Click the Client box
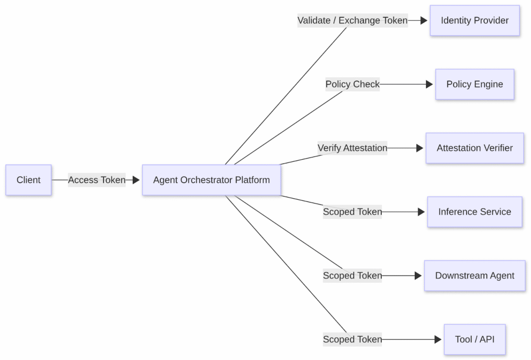coord(29,180)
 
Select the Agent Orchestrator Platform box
coord(211,180)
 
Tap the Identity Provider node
coord(474,21)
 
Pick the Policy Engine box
coord(474,84)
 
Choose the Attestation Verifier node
coord(474,148)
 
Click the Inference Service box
coord(474,212)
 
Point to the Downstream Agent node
coord(474,275)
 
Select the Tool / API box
coord(474,339)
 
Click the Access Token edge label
coord(97,180)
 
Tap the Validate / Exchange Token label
coord(352,21)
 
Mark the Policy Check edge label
coord(352,84)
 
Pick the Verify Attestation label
coord(352,148)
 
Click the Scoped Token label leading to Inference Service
coord(352,212)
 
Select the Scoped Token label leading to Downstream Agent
coord(352,275)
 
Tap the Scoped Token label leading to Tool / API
coord(352,339)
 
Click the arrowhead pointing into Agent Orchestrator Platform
coord(136,180)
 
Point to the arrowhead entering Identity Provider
coord(424,21)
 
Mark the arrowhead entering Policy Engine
coord(429,84)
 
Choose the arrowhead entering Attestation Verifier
coord(420,148)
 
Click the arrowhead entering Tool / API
coord(438,339)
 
